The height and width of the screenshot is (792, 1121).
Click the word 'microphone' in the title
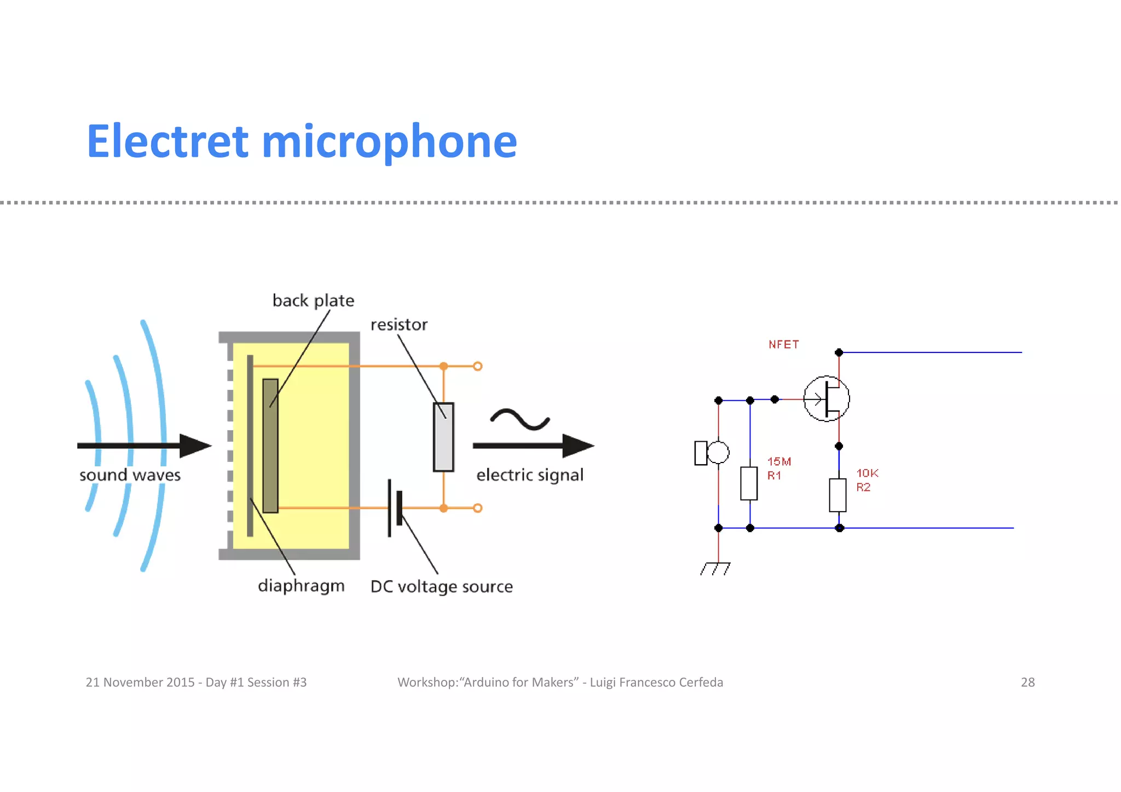389,142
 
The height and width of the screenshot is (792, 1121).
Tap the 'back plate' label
313,300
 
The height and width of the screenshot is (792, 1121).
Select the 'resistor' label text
398,325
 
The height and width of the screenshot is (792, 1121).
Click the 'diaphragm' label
301,586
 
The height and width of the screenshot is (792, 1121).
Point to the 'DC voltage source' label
441,586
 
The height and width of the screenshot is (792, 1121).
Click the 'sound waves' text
130,475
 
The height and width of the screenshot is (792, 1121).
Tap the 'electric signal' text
529,475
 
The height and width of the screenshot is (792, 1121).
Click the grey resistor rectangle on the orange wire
443,437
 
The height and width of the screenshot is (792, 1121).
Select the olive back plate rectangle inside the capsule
270,446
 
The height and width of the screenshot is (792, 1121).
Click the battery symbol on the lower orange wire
395,508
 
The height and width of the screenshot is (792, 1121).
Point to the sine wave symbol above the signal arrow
519,419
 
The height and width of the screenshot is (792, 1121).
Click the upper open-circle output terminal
478,366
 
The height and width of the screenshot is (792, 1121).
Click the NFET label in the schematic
783,344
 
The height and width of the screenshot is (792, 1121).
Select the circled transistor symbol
826,398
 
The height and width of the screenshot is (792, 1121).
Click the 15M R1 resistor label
778,469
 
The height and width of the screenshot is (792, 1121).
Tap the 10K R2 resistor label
866,480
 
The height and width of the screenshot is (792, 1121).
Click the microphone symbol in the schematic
711,453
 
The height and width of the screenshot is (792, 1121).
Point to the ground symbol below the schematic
715,569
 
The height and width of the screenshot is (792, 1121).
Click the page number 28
1027,682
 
